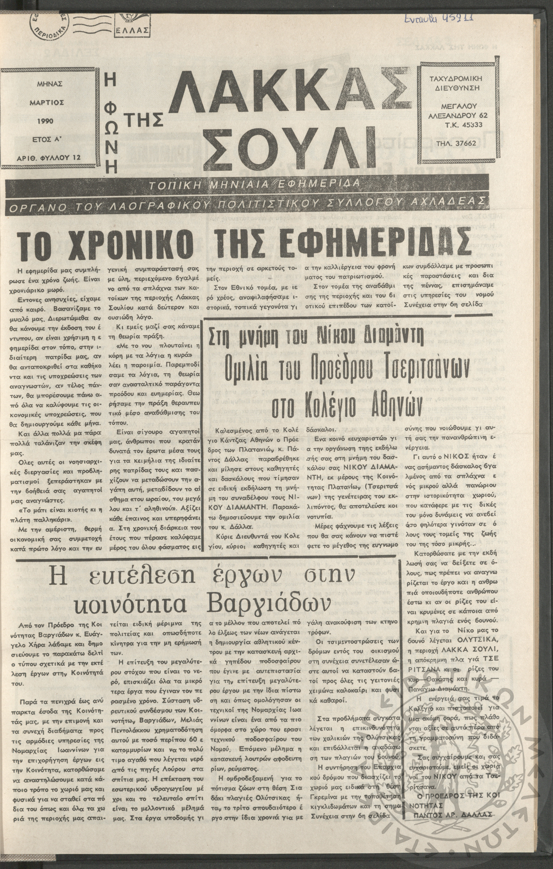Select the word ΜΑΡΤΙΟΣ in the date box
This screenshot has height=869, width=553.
coord(47,103)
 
